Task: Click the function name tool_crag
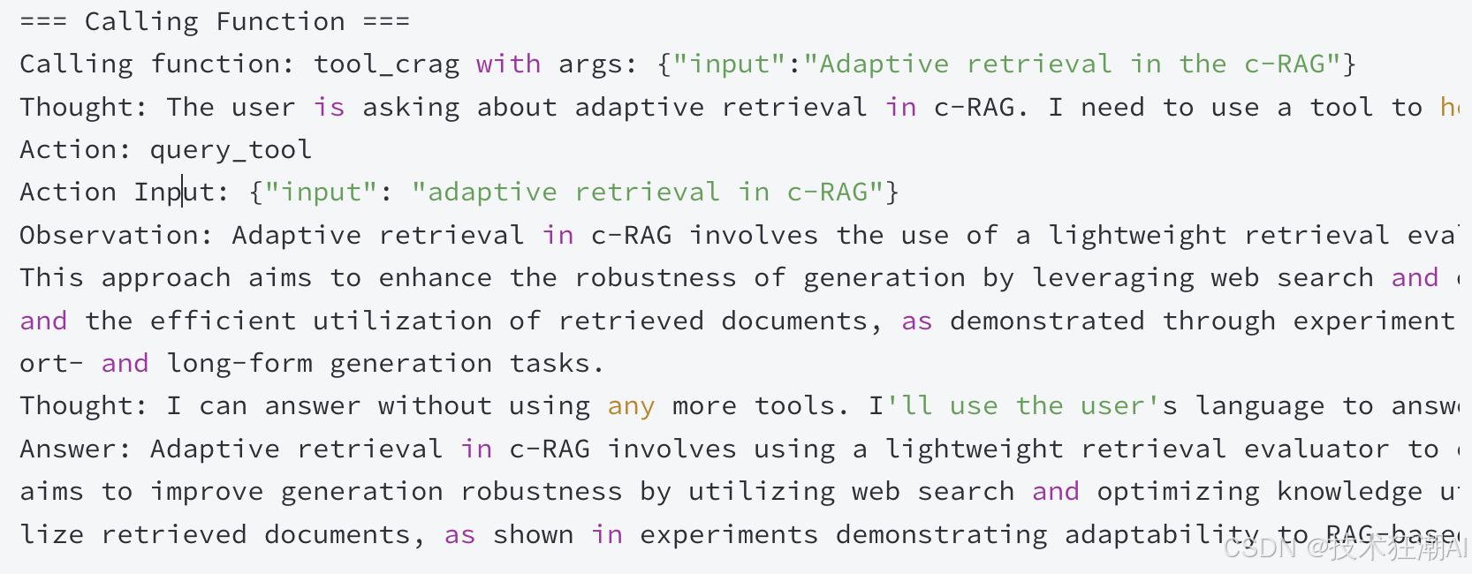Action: click(x=386, y=64)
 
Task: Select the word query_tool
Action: click(x=231, y=150)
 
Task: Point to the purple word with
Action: click(x=508, y=64)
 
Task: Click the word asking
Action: click(x=411, y=108)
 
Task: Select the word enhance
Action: click(x=435, y=278)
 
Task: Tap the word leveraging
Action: click(x=1112, y=278)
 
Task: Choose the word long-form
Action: click(x=239, y=364)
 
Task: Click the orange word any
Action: click(x=631, y=406)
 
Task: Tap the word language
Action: click(x=1260, y=406)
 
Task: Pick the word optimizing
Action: click(x=1178, y=492)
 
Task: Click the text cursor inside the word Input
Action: click(x=183, y=192)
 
